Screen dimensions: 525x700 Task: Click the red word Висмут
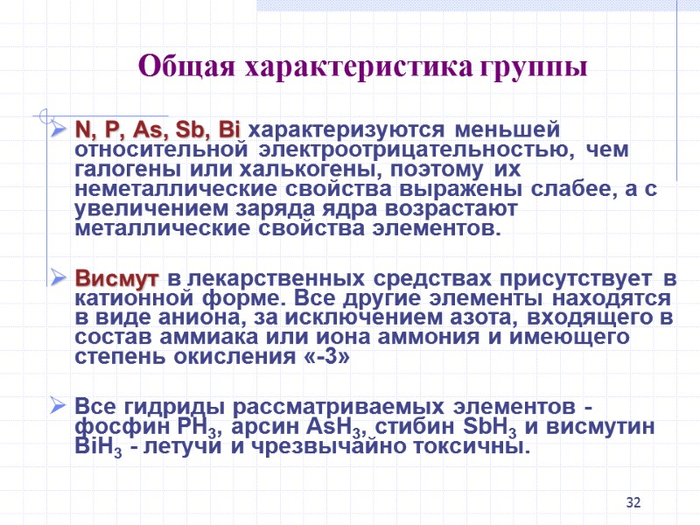(117, 280)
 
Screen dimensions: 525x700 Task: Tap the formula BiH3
(94, 448)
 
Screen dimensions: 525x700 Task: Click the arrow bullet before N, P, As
(59, 131)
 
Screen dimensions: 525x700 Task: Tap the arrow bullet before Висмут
(59, 280)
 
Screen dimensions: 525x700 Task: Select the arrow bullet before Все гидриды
(59, 407)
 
